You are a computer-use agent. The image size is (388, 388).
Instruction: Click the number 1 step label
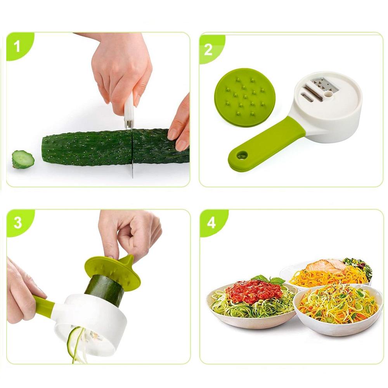click(x=17, y=46)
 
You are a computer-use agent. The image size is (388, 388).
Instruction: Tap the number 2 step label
click(x=208, y=50)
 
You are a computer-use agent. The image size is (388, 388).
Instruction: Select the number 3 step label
click(x=18, y=223)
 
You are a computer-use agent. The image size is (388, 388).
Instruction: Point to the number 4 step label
click(x=211, y=223)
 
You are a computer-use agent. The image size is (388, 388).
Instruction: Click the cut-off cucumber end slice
click(x=23, y=159)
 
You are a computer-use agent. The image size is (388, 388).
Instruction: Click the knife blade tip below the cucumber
click(x=132, y=177)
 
